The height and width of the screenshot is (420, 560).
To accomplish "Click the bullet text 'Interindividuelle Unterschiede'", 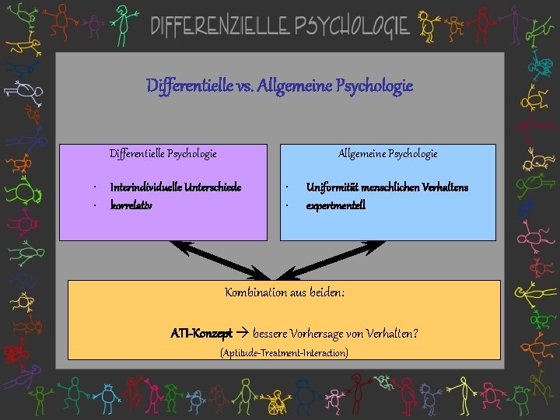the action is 176,187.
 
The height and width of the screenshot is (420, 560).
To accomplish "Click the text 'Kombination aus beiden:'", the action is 285,292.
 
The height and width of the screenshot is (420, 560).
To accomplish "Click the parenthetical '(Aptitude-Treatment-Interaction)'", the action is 284,353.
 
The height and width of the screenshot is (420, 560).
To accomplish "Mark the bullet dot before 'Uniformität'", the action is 287,187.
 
